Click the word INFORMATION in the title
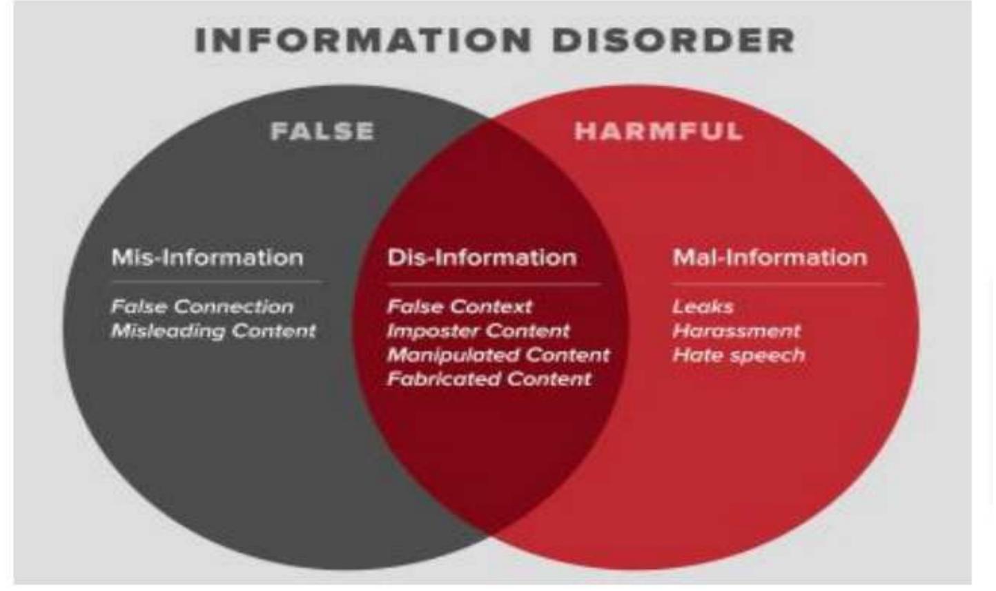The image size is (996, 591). [x=363, y=40]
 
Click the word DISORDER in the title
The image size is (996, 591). [x=673, y=40]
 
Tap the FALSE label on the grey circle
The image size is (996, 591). [x=322, y=131]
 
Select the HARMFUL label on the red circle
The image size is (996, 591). [x=658, y=131]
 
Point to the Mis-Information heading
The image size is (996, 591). [x=207, y=258]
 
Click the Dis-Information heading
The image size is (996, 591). [x=482, y=258]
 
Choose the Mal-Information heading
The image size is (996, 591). [x=770, y=258]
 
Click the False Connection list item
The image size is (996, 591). [x=202, y=307]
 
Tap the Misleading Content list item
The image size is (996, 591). [x=213, y=331]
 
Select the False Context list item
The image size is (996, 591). [x=460, y=307]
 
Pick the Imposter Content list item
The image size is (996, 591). [x=478, y=331]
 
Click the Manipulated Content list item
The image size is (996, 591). [x=498, y=355]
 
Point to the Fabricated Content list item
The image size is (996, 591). [x=489, y=379]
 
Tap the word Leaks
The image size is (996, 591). [x=703, y=307]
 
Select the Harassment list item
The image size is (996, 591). [x=736, y=331]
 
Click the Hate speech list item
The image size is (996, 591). [x=739, y=355]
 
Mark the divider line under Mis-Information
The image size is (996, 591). [x=216, y=282]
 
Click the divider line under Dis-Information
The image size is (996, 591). [x=494, y=284]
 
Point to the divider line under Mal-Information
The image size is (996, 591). [x=777, y=284]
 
